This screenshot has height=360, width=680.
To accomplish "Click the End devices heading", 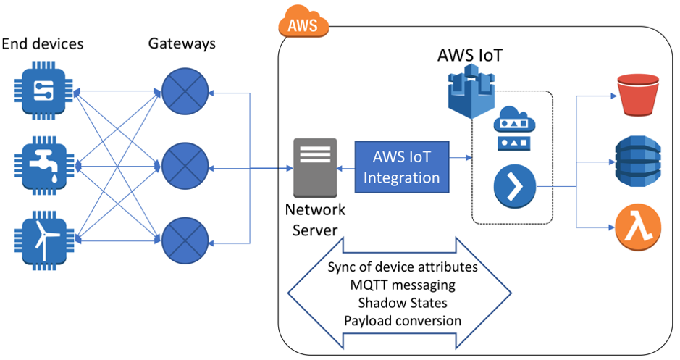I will [43, 44].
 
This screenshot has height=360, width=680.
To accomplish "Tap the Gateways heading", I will [182, 43].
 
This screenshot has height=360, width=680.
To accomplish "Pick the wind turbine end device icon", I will [43, 238].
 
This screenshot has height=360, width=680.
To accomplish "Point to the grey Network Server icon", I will [315, 167].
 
